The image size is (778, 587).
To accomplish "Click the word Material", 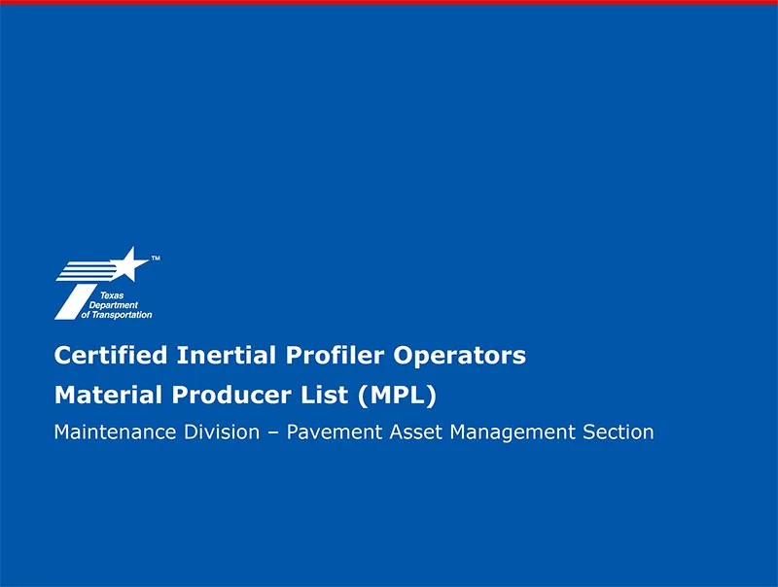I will tap(103, 396).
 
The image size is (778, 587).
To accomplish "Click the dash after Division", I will tap(275, 432).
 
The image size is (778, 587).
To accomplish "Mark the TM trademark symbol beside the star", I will tap(156, 259).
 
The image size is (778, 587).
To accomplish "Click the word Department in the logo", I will tap(120, 305).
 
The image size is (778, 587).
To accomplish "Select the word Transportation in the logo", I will tap(123, 315).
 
